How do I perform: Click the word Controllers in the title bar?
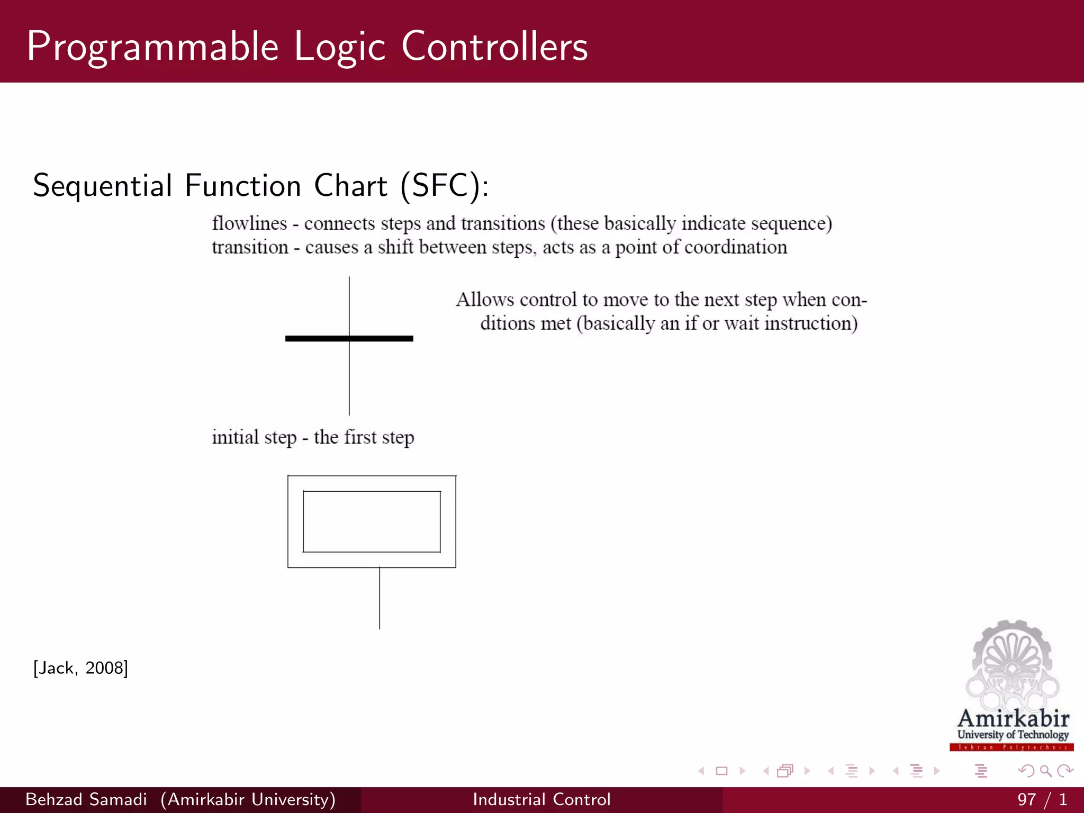[x=494, y=47]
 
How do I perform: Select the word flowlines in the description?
[x=249, y=223]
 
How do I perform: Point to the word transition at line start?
[x=250, y=247]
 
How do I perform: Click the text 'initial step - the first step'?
[x=313, y=437]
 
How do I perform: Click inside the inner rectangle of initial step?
[x=372, y=521]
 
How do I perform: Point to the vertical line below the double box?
[x=380, y=598]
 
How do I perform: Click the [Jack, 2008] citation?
[x=80, y=668]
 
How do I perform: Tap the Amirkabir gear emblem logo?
[x=1012, y=664]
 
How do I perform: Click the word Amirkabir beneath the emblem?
[x=1013, y=718]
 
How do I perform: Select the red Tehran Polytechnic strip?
[x=1011, y=747]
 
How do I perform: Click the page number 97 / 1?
[x=1041, y=799]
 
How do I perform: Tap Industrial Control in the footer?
[x=541, y=799]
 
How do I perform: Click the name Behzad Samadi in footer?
[x=86, y=799]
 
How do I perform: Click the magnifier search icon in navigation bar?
[x=1045, y=771]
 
